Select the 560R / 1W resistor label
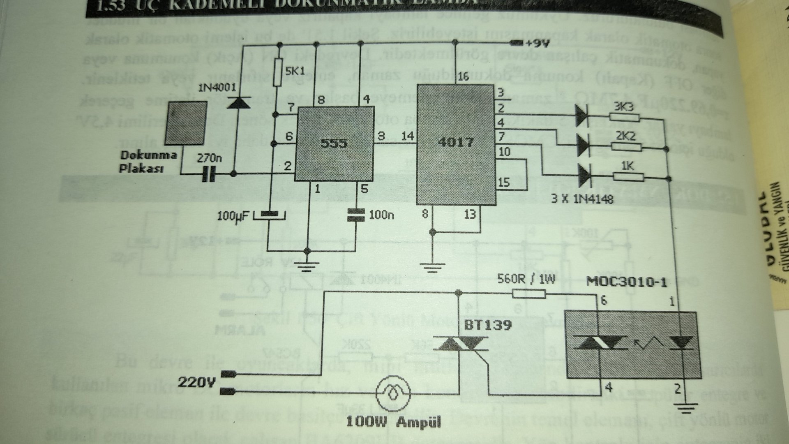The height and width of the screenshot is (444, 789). pos(526,280)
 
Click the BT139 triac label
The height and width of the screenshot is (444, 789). pos(488,326)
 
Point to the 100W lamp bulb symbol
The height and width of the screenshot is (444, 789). pos(393,394)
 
